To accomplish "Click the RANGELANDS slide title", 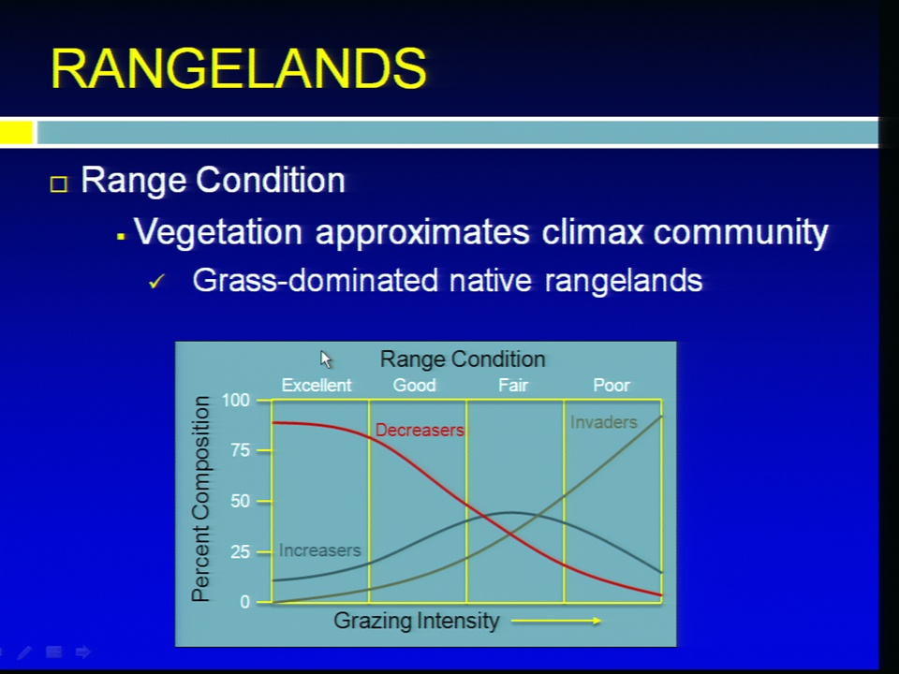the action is pos(239,68).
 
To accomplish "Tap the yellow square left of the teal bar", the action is pos(16,132).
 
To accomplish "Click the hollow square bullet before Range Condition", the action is pos(58,184).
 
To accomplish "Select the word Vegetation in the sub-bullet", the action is pos(218,232).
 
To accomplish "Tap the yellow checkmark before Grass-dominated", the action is pos(156,282).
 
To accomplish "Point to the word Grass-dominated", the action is pos(316,281).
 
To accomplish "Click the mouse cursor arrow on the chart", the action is pos(326,359).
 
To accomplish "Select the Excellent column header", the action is pos(317,385).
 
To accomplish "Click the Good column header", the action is pos(414,385).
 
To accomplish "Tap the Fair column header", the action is pos(512,385).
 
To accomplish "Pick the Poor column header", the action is pos(612,385).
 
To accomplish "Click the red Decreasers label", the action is pos(420,430).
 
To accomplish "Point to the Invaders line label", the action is pos(604,422).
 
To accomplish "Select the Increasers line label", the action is pos(320,550).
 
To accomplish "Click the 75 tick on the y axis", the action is pos(241,450).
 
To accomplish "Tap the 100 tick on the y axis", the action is pos(236,400).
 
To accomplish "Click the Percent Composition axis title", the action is pos(200,499).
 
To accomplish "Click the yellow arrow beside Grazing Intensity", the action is pos(555,620).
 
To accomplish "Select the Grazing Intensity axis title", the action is pos(416,621).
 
